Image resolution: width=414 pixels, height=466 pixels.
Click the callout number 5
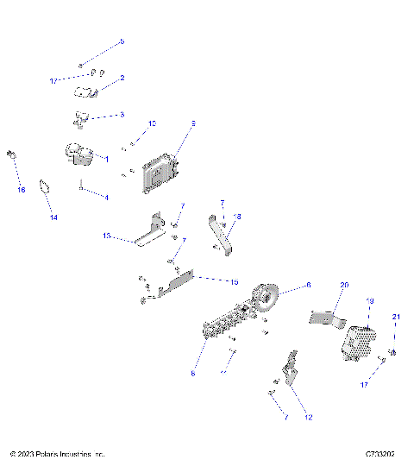coord(122,41)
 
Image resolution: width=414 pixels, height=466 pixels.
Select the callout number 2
coord(122,78)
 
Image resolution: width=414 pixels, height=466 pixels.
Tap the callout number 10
coord(152,124)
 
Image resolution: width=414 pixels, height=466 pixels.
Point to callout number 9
coord(193,124)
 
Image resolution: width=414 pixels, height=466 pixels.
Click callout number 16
coord(22,190)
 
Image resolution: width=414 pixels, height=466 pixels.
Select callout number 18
coord(239,217)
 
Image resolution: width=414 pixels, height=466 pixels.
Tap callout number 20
coord(344,285)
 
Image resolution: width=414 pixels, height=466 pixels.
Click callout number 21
coord(397,318)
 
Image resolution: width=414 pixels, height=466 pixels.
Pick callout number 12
coord(309,418)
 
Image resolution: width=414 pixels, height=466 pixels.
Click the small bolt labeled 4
coord(81,184)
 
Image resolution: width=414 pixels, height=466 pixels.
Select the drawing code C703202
coord(379,453)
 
